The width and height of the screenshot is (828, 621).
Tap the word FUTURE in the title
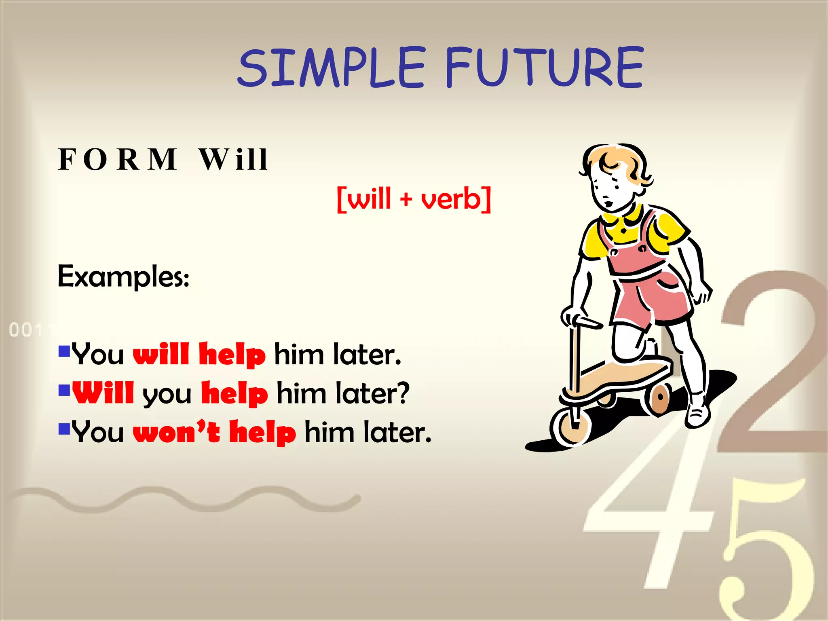point(544,67)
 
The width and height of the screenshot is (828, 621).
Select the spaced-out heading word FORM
point(118,159)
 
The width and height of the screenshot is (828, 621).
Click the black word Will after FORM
point(234,159)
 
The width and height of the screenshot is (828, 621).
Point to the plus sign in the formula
point(406,199)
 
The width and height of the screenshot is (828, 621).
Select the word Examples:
point(123,277)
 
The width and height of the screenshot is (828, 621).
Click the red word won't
point(177,432)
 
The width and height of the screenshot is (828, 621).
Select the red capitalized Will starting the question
point(103,393)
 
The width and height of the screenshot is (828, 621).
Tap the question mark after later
point(402,393)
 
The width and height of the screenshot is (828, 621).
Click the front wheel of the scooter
point(571,426)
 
